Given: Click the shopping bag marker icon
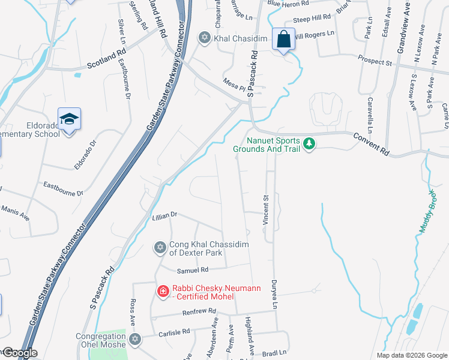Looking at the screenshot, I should pyautogui.click(x=283, y=40).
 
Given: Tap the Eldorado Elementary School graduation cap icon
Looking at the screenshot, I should pyautogui.click(x=69, y=119).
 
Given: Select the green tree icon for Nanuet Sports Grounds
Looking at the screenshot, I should pyautogui.click(x=309, y=144).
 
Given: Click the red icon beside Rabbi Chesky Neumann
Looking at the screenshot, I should pyautogui.click(x=162, y=292).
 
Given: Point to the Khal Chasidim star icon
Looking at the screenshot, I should pyautogui.click(x=205, y=38).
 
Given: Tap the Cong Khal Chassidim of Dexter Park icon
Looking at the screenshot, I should pyautogui.click(x=160, y=247).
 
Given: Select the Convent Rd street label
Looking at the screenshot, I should pyautogui.click(x=372, y=145).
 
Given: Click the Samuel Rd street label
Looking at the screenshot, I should pyautogui.click(x=192, y=270).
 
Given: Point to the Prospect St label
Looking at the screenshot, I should pyautogui.click(x=375, y=61).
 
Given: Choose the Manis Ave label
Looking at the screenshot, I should pyautogui.click(x=15, y=212).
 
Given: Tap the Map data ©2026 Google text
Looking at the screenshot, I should pyautogui.click(x=411, y=355).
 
